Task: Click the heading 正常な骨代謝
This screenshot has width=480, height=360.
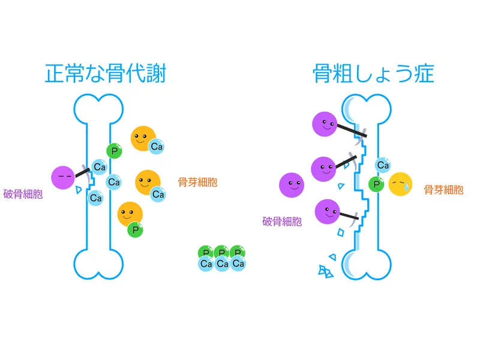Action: [106, 73]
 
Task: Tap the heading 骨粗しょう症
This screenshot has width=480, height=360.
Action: [373, 73]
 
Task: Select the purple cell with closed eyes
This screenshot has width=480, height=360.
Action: [64, 177]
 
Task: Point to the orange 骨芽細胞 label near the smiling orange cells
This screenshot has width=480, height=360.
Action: [198, 181]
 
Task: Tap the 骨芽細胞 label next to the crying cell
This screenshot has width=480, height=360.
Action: [443, 190]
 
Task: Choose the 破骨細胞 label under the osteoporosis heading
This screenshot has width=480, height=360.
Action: [282, 221]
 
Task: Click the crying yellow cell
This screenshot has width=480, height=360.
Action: [400, 184]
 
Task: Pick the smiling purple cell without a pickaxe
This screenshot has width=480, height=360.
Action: [292, 185]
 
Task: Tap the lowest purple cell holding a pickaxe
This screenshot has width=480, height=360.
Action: [328, 211]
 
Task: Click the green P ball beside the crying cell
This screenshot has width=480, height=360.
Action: [376, 184]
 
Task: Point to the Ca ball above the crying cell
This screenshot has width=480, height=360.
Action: [383, 165]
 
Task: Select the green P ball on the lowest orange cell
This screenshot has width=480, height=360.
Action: [136, 229]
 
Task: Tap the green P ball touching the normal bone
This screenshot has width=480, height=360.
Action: [114, 151]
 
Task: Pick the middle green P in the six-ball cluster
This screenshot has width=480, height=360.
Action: [222, 252]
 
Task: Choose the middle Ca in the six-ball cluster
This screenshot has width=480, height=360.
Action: [222, 263]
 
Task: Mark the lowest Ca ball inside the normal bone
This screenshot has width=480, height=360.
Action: [95, 197]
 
